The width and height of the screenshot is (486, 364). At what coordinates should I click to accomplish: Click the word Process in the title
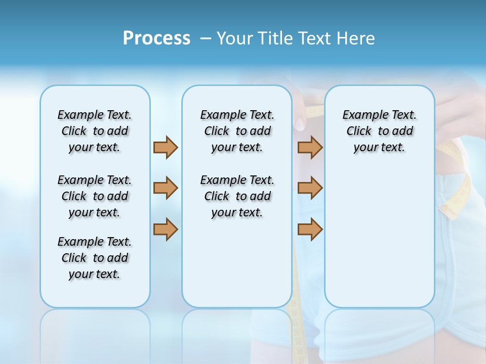click(x=156, y=38)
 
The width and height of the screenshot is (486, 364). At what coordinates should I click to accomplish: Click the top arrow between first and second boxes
click(x=166, y=147)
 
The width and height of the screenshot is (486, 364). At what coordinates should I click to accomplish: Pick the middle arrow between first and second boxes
click(x=166, y=188)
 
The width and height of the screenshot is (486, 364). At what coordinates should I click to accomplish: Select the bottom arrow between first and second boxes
click(x=166, y=229)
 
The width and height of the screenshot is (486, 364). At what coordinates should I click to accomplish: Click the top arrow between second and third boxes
click(x=310, y=147)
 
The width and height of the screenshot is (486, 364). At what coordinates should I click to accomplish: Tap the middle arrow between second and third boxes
click(x=310, y=188)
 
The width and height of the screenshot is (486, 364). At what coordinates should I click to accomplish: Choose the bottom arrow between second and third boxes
click(x=310, y=229)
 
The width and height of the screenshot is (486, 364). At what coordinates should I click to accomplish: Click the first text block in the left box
click(x=95, y=131)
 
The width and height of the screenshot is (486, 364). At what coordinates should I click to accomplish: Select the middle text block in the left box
click(x=95, y=196)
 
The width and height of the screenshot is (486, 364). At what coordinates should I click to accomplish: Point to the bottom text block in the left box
click(x=95, y=258)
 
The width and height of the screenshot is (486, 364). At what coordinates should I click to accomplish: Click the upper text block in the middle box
click(x=237, y=131)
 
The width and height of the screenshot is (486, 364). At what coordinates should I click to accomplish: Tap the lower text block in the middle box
click(x=237, y=196)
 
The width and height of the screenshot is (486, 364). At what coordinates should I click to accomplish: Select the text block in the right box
click(x=379, y=131)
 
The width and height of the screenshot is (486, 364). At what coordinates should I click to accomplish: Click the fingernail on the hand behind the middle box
click(x=300, y=123)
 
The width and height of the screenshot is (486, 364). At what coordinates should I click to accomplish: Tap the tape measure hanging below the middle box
click(x=296, y=334)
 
